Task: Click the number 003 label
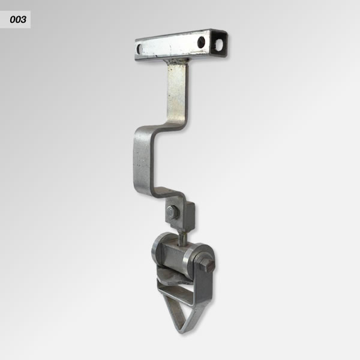tap(18, 20)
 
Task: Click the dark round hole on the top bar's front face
tap(201, 42)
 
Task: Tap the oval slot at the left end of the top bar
tap(139, 49)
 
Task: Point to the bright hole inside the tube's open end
tap(220, 44)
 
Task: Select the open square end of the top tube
tap(219, 44)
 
